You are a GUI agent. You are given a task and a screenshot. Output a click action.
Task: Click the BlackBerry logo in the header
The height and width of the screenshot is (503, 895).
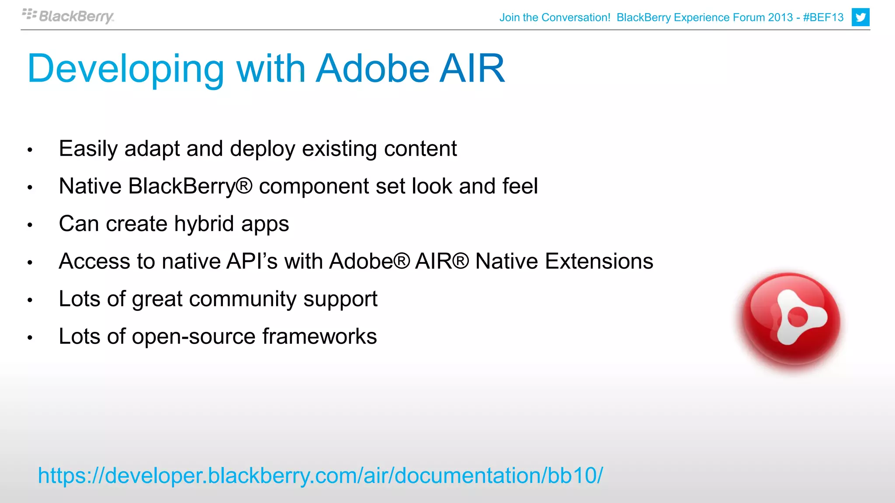[x=69, y=16]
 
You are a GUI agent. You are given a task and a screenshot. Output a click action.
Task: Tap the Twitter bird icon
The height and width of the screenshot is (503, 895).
[x=860, y=17]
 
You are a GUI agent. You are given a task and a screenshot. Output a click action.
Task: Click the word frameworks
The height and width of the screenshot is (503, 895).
[x=319, y=337]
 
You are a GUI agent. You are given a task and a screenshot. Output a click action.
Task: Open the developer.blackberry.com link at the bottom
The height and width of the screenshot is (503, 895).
[x=320, y=475]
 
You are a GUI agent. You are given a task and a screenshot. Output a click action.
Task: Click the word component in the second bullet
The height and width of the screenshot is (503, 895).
[x=314, y=187]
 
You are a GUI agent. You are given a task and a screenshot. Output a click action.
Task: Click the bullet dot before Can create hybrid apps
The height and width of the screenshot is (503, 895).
[x=30, y=225]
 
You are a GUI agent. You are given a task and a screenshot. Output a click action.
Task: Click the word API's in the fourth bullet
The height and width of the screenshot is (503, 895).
[x=252, y=262]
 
